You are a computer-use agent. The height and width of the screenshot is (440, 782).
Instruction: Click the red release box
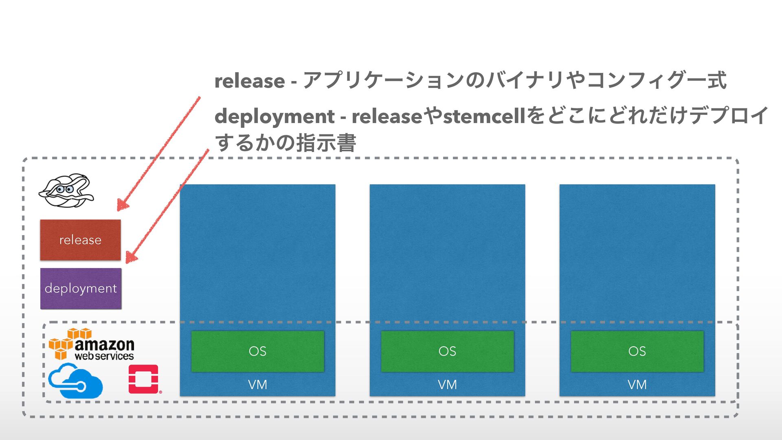coord(80,240)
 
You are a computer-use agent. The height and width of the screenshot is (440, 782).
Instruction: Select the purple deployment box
coord(81,288)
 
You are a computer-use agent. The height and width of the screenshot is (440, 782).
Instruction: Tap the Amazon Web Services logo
coord(92,345)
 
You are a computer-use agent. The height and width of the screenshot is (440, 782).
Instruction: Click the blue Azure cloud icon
coord(75,381)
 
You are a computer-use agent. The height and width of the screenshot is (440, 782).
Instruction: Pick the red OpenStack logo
coord(144,379)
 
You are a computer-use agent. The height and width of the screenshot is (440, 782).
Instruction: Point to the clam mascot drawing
coord(66,191)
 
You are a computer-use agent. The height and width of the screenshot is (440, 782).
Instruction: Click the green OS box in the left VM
coord(257,351)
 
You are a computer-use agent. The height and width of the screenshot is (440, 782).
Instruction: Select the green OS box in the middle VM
coord(447,351)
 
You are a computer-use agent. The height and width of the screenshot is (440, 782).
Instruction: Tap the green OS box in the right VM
coord(637,351)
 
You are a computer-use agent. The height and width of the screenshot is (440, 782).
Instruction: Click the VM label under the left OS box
coord(257,385)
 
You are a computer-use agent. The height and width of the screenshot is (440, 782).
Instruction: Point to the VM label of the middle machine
coord(447,385)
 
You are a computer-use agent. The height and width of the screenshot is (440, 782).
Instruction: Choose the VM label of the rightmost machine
coord(637,385)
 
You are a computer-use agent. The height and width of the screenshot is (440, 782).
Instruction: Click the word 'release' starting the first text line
coord(249,81)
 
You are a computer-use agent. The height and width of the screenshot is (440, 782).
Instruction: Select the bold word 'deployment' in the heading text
coord(274,117)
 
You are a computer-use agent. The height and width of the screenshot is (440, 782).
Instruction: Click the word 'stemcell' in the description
coord(484,117)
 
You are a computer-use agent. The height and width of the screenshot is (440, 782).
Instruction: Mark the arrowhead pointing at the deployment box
coord(131,257)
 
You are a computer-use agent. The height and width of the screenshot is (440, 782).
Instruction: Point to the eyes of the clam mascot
coord(64,189)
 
